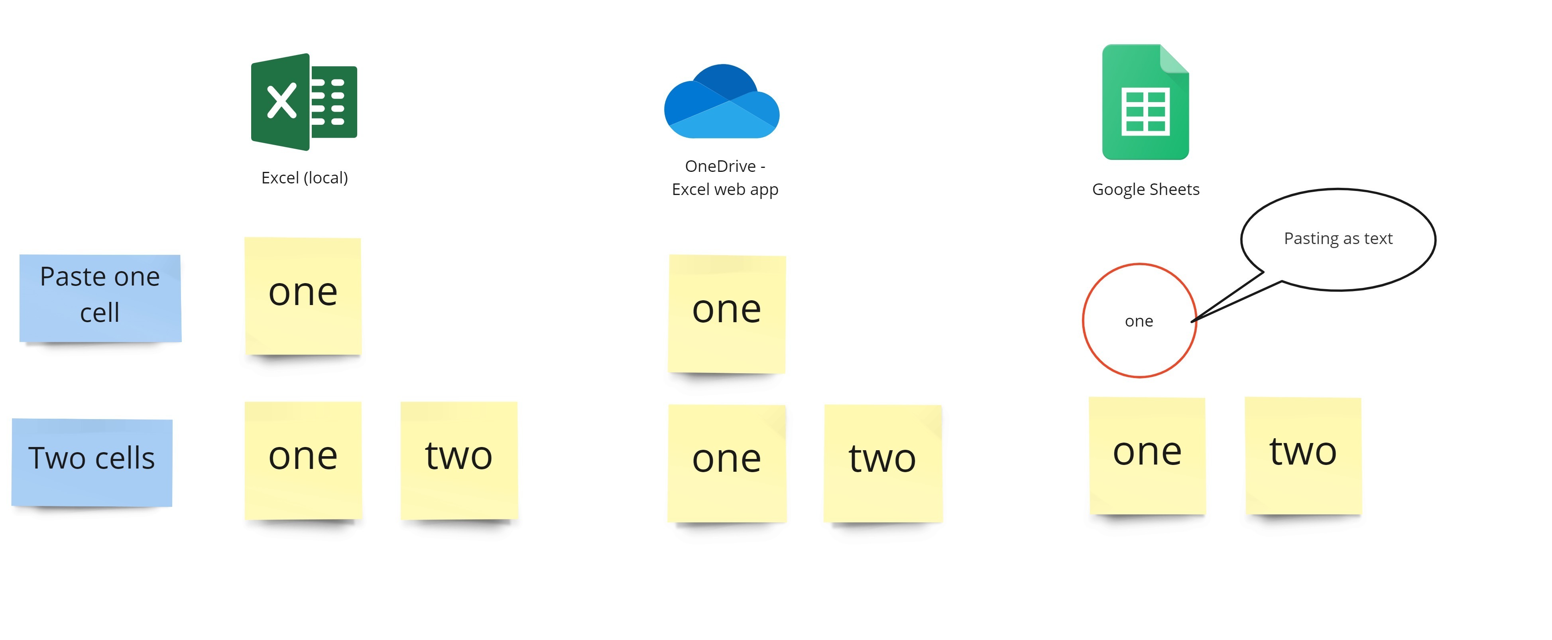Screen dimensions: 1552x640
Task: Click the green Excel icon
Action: point(304,102)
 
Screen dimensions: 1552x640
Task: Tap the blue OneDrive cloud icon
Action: point(722,101)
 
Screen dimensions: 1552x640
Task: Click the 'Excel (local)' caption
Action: point(304,178)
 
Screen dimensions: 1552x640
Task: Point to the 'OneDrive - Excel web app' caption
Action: point(725,178)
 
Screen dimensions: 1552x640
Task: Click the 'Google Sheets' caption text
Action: point(1145,189)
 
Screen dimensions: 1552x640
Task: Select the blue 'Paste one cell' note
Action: point(100,298)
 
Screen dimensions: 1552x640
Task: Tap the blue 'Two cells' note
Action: point(92,462)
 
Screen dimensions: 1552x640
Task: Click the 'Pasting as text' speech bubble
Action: point(1338,240)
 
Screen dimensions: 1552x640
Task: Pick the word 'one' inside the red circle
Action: point(1139,321)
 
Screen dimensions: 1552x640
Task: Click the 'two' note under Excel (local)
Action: point(459,461)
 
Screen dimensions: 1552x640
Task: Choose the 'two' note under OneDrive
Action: point(883,463)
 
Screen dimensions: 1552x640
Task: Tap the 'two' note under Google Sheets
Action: point(1303,456)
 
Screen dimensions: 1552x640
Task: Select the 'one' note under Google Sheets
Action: point(1147,456)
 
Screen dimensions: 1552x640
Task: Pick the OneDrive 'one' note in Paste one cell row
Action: point(727,314)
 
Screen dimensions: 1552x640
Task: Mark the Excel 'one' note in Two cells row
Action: point(303,461)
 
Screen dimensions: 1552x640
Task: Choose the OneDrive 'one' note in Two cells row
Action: point(727,463)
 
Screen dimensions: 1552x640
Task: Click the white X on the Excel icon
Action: point(281,100)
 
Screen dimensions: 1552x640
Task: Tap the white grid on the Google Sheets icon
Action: point(1145,112)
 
